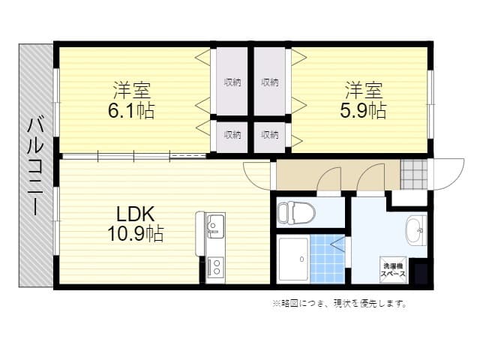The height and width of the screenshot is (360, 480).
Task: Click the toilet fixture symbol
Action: tap(296, 212)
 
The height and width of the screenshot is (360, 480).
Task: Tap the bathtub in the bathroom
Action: tap(293, 259)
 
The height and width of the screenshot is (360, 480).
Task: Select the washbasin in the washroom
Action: tap(415, 230)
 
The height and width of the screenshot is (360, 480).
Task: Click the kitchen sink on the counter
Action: tap(215, 226)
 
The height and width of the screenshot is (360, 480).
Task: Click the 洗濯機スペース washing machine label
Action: tap(393, 270)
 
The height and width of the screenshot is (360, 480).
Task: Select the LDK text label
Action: tap(135, 214)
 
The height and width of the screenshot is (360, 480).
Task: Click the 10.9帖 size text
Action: tap(135, 234)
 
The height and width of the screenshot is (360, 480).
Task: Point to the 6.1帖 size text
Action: tap(131, 110)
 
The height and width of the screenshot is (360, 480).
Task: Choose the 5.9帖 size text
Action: tap(363, 110)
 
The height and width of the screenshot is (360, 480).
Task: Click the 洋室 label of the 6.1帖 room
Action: tap(132, 90)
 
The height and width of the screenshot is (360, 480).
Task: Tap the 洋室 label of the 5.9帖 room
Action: tap(364, 90)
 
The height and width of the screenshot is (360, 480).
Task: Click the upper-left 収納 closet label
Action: tap(232, 82)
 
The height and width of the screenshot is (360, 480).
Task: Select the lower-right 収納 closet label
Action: tap(270, 135)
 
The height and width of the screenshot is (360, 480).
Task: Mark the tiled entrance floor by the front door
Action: tap(414, 174)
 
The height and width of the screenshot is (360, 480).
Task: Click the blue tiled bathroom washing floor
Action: tap(328, 259)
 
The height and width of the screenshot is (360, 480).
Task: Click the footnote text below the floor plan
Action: tap(340, 303)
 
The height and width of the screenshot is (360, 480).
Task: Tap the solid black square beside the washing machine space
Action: tap(421, 273)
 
